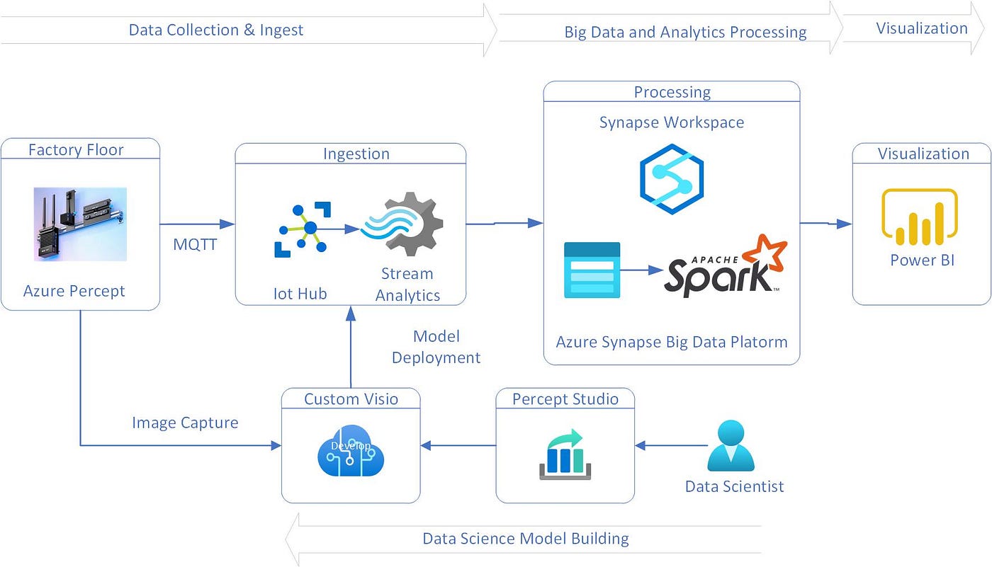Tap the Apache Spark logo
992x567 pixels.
point(726,268)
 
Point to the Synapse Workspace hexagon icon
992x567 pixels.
point(671,179)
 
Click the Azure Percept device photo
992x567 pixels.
point(80,224)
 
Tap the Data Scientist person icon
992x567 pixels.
point(732,447)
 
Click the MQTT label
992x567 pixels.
point(195,244)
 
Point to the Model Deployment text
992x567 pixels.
point(436,347)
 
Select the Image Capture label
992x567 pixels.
point(185,423)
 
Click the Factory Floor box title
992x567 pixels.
point(76,150)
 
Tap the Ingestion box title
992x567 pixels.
point(356,154)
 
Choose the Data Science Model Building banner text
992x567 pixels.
point(525,539)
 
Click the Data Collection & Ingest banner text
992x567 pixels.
point(215,30)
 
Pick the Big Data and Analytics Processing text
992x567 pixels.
point(684,33)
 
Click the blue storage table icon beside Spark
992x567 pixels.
point(592,270)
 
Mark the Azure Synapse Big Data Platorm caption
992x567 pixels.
point(671,343)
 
